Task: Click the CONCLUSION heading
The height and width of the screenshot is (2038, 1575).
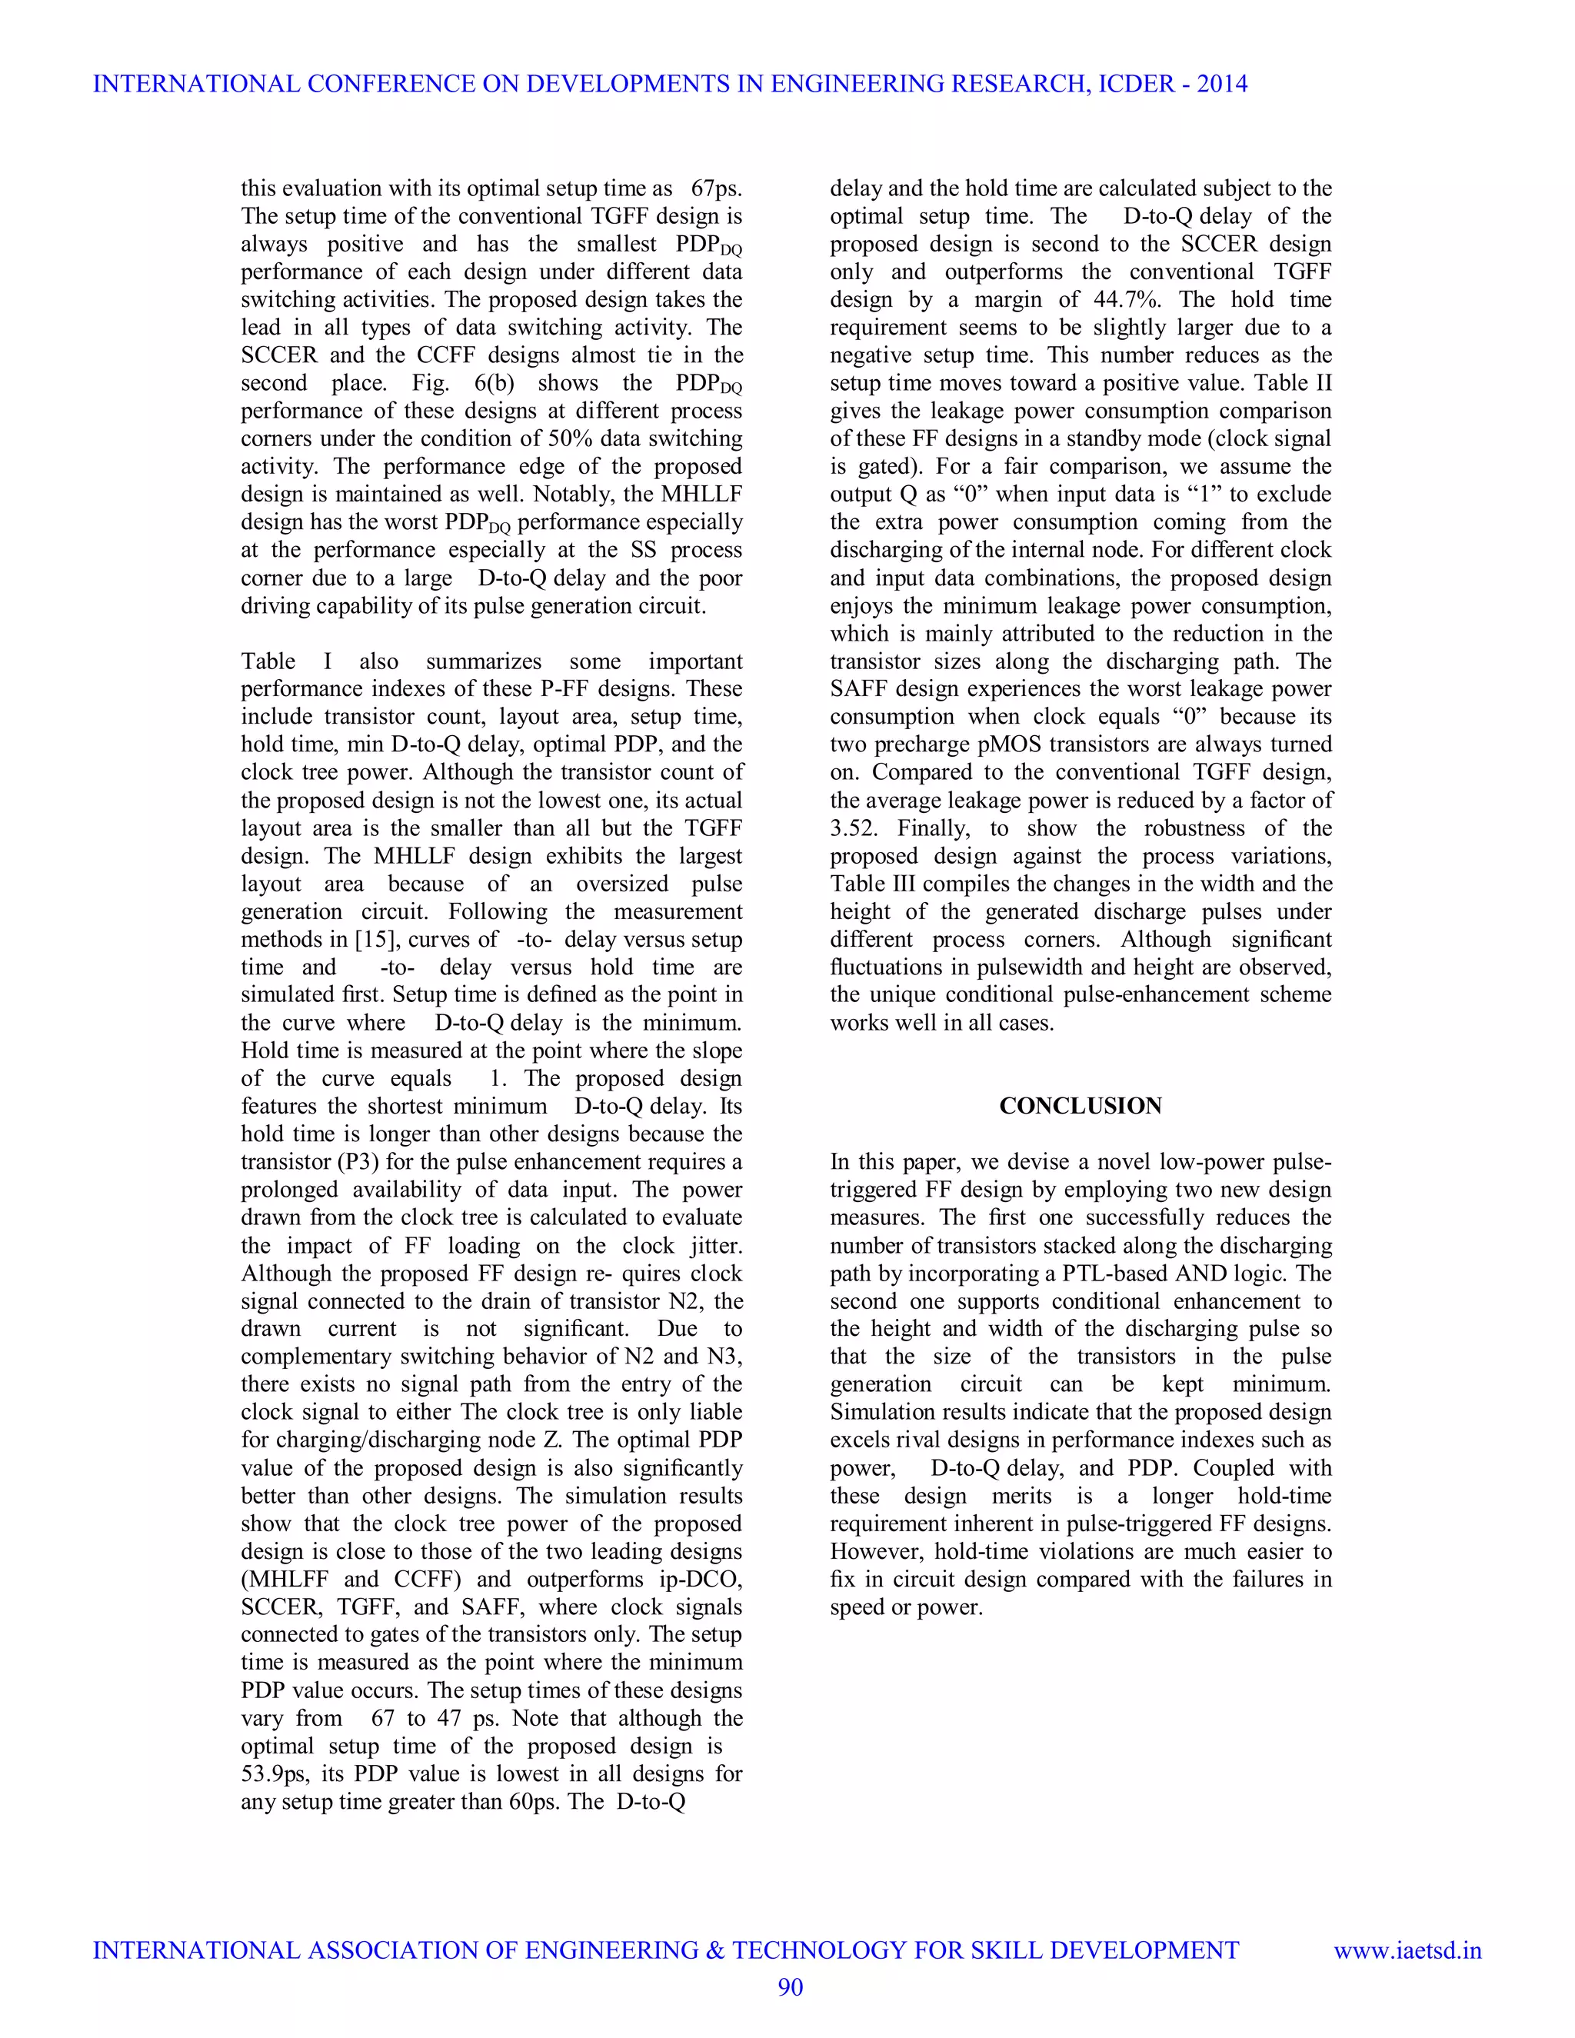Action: click(1080, 1106)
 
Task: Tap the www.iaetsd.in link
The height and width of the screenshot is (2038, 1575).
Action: click(1407, 1950)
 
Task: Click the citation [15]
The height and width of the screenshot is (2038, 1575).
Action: click(377, 940)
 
